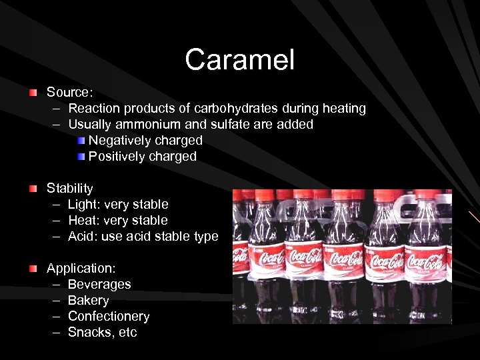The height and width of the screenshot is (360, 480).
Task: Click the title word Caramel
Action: [x=239, y=60]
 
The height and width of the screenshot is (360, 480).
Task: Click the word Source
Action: [x=68, y=92]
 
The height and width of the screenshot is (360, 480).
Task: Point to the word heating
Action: [x=342, y=108]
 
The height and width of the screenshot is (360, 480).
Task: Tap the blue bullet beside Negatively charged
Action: [x=81, y=140]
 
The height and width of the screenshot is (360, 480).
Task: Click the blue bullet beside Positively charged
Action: [x=81, y=156]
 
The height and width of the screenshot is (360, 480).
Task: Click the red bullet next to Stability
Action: [x=33, y=188]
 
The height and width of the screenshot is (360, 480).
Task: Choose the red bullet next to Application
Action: [x=33, y=268]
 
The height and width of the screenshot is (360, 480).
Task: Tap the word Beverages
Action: [x=99, y=284]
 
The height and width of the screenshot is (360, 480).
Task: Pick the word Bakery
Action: [x=88, y=301]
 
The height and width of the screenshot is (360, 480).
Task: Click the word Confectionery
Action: [x=109, y=316]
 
